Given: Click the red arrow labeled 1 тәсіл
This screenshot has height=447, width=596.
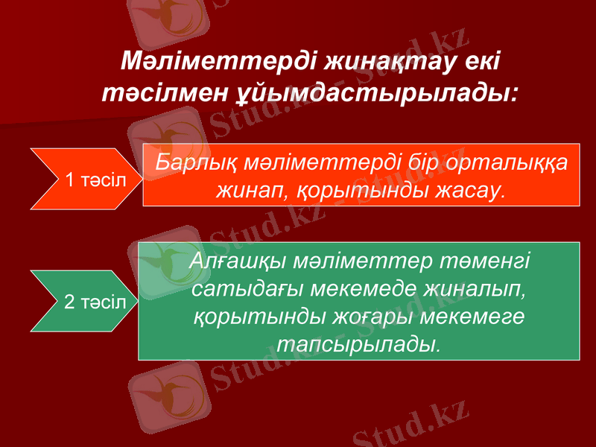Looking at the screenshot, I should point(82,179).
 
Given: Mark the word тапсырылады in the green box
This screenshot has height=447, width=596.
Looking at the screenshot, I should point(358,343).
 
